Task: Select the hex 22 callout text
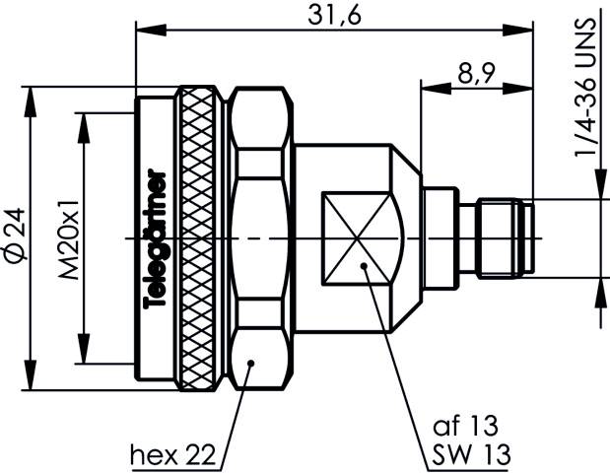(172, 454)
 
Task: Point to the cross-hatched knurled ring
(203, 238)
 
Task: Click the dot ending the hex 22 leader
(252, 364)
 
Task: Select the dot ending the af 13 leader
(365, 265)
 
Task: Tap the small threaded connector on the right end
(505, 238)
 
